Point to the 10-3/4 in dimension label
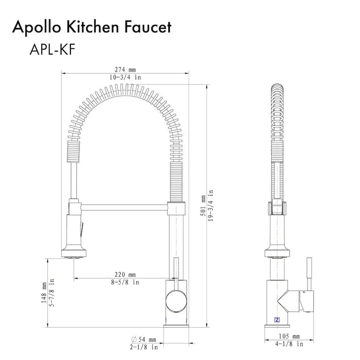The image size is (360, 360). [x=125, y=77]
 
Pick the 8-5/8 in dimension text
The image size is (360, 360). [x=125, y=282]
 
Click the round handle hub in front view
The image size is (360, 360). [x=175, y=298]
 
